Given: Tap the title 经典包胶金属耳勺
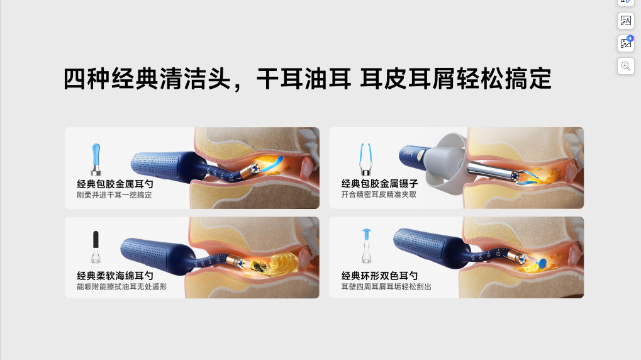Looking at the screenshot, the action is click(115, 184).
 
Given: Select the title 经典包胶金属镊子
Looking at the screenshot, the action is click(379, 184).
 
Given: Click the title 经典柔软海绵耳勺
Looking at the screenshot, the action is click(115, 276).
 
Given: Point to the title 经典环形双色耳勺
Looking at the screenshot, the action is click(379, 276).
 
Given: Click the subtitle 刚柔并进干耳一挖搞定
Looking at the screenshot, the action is click(114, 195).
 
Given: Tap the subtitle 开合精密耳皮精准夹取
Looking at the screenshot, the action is click(379, 194).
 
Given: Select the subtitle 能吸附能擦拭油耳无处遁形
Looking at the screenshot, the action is click(122, 287).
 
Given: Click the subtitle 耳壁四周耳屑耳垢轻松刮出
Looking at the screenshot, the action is click(386, 287).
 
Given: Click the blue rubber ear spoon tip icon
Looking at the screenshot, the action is click(96, 159).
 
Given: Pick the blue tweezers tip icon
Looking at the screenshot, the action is click(365, 159).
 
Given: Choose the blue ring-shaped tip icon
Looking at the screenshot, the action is click(366, 246).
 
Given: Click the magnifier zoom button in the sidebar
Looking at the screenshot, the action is click(625, 66).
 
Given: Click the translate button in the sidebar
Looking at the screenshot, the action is click(625, 20).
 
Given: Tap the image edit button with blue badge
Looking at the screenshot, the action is click(625, 43).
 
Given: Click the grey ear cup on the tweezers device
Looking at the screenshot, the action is click(445, 164).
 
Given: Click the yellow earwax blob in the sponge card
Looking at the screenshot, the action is click(282, 262).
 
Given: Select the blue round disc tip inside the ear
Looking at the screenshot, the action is click(542, 263).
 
